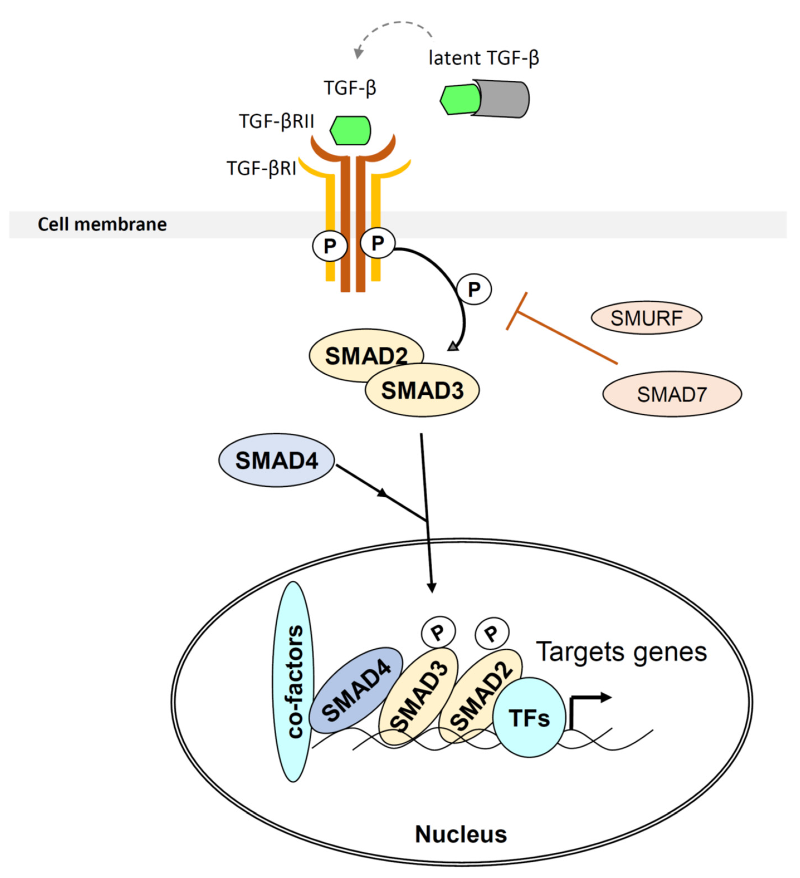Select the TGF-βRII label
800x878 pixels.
click(x=276, y=121)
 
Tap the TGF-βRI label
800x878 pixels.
click(x=262, y=168)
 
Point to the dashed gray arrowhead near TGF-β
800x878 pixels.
click(x=358, y=53)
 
